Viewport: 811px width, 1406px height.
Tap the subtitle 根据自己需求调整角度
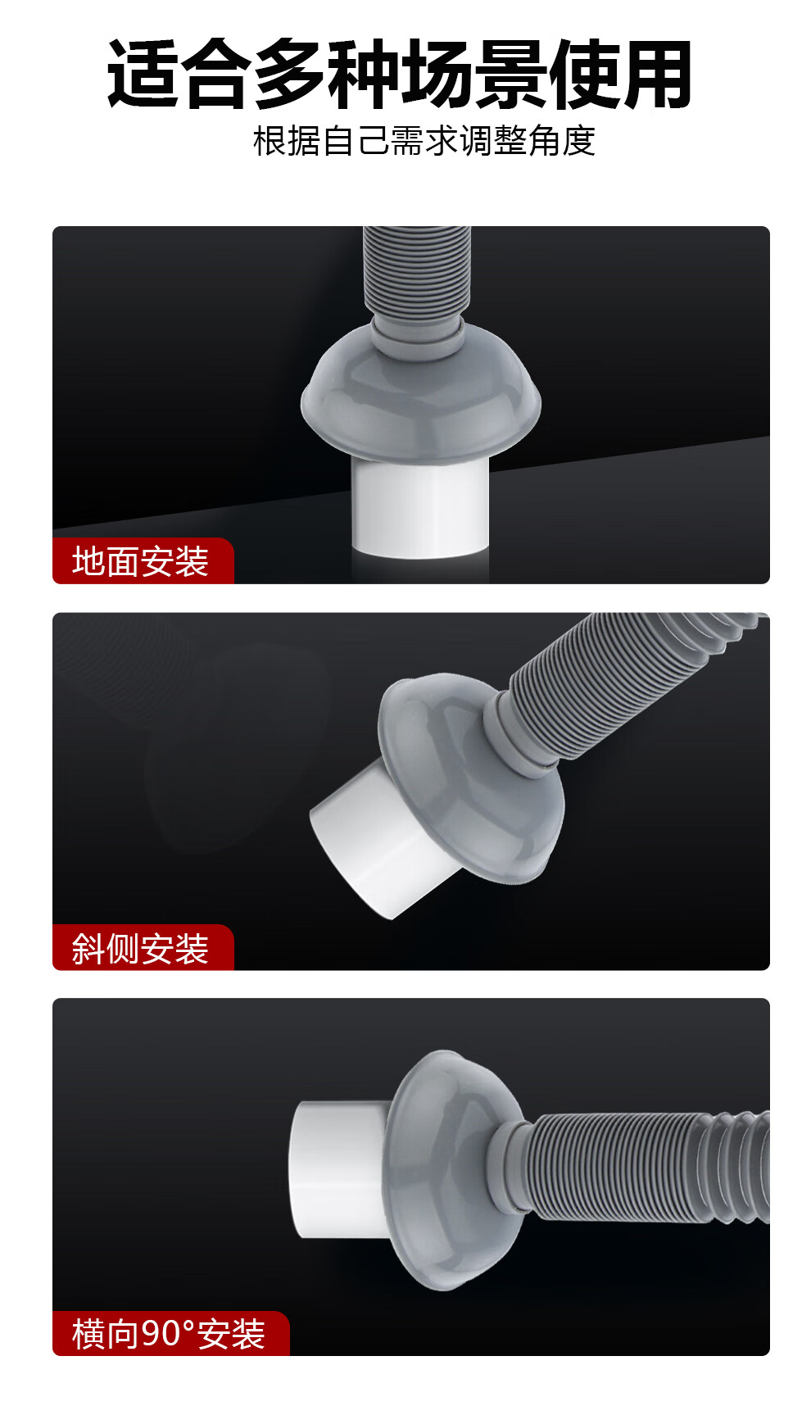[x=424, y=141]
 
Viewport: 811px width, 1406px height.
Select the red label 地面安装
[x=143, y=561]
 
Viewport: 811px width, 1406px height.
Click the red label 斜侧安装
[x=143, y=948]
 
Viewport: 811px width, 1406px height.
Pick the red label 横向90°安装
[x=170, y=1334]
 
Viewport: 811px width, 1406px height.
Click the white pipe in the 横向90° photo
[x=336, y=1170]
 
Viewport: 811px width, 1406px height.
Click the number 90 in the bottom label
[x=161, y=1334]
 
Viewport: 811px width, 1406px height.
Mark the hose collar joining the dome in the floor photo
[x=417, y=329]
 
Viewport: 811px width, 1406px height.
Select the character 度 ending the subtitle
[x=578, y=141]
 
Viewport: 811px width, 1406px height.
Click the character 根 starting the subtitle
[x=270, y=141]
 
